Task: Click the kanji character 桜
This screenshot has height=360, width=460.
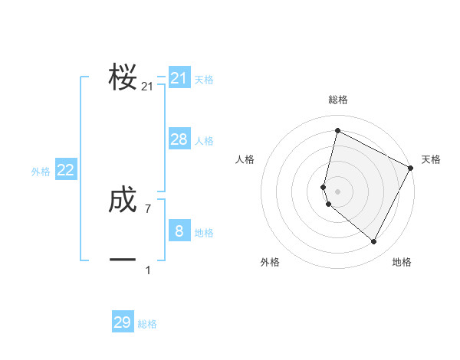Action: (x=123, y=77)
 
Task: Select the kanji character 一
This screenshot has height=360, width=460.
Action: (x=123, y=260)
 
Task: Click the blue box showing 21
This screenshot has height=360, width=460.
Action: (x=179, y=78)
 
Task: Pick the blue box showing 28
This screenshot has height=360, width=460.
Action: (x=179, y=139)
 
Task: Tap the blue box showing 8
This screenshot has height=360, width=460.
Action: (x=179, y=231)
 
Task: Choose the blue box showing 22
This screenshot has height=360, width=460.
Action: (x=66, y=170)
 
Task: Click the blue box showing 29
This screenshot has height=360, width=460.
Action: (x=123, y=322)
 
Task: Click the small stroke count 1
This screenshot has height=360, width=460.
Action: (x=148, y=270)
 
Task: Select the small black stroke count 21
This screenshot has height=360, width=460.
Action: (x=147, y=87)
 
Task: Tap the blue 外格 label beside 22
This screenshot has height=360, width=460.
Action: (x=41, y=172)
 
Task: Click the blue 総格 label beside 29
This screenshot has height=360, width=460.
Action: (x=147, y=324)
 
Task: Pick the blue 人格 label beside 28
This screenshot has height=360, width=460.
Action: (x=204, y=141)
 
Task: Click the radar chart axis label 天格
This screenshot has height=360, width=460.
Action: (x=431, y=159)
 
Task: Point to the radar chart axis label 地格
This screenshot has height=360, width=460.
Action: (x=402, y=262)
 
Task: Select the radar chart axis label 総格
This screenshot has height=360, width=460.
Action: (x=338, y=100)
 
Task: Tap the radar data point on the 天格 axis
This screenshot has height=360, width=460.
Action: (x=412, y=168)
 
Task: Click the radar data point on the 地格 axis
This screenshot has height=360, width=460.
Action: (x=374, y=242)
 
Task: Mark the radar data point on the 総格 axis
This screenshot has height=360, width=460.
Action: (x=337, y=130)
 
